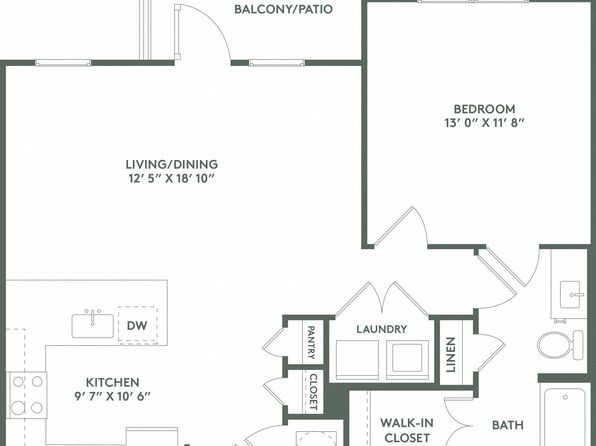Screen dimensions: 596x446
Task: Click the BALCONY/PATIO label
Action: [283, 9]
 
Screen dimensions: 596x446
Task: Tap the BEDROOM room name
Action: [485, 109]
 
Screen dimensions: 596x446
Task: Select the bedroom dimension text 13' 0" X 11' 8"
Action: [485, 123]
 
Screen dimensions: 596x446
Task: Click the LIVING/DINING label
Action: [172, 164]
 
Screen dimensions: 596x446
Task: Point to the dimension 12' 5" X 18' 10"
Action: [172, 178]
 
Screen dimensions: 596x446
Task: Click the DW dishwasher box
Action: [138, 325]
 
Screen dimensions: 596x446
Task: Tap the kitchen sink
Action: [93, 324]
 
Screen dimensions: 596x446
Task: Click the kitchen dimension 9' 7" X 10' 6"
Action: [113, 396]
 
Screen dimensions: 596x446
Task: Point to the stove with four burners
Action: [27, 395]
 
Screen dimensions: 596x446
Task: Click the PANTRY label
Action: [311, 342]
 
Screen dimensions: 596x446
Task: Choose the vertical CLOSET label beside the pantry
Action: [313, 392]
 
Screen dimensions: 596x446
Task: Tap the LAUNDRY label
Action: [382, 329]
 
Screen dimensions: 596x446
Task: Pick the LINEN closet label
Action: [450, 355]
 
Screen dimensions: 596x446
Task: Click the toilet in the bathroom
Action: [560, 344]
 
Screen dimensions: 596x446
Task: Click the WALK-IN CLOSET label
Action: [407, 430]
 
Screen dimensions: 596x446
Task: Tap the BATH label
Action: [508, 425]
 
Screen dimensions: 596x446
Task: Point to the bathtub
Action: [564, 416]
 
